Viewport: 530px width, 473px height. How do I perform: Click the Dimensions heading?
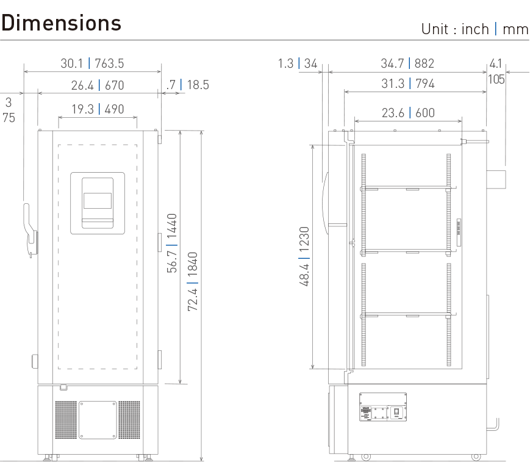61,23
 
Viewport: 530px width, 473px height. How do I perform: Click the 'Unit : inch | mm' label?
474,29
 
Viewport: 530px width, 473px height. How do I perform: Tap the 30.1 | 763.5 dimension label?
93,63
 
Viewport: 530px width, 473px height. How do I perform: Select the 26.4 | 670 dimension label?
97,85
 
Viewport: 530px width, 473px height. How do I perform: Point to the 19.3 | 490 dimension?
97,109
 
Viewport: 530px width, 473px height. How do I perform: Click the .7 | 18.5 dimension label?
187,85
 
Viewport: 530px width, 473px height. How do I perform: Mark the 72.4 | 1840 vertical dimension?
192,280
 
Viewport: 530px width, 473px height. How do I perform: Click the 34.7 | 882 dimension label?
407,63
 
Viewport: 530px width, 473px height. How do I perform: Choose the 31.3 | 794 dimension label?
407,84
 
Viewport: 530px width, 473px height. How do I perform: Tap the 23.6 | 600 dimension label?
407,112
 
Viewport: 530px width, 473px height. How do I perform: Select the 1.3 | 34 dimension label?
298,63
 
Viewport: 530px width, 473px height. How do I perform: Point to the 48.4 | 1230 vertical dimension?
304,256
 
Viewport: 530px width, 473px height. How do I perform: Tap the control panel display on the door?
98,201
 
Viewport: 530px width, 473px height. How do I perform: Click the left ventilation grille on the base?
66,421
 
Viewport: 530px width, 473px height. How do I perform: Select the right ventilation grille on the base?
129,421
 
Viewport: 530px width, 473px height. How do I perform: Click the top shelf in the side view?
407,188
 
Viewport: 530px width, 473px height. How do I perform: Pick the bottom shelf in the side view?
407,315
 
